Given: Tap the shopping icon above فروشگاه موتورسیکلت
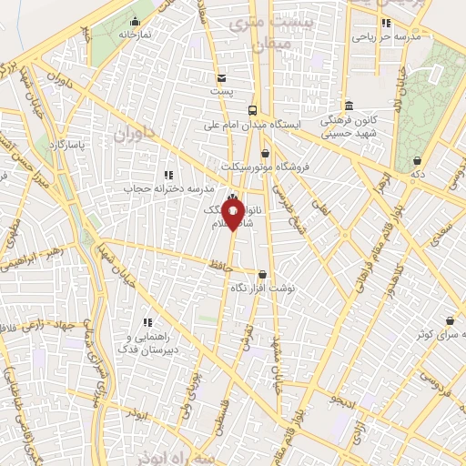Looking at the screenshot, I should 265,153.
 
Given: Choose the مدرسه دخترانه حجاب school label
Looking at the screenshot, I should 167,188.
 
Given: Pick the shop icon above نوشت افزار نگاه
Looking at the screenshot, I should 262,273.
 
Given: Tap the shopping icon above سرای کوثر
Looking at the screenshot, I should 451,319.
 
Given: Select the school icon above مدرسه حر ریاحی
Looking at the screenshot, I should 385,23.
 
